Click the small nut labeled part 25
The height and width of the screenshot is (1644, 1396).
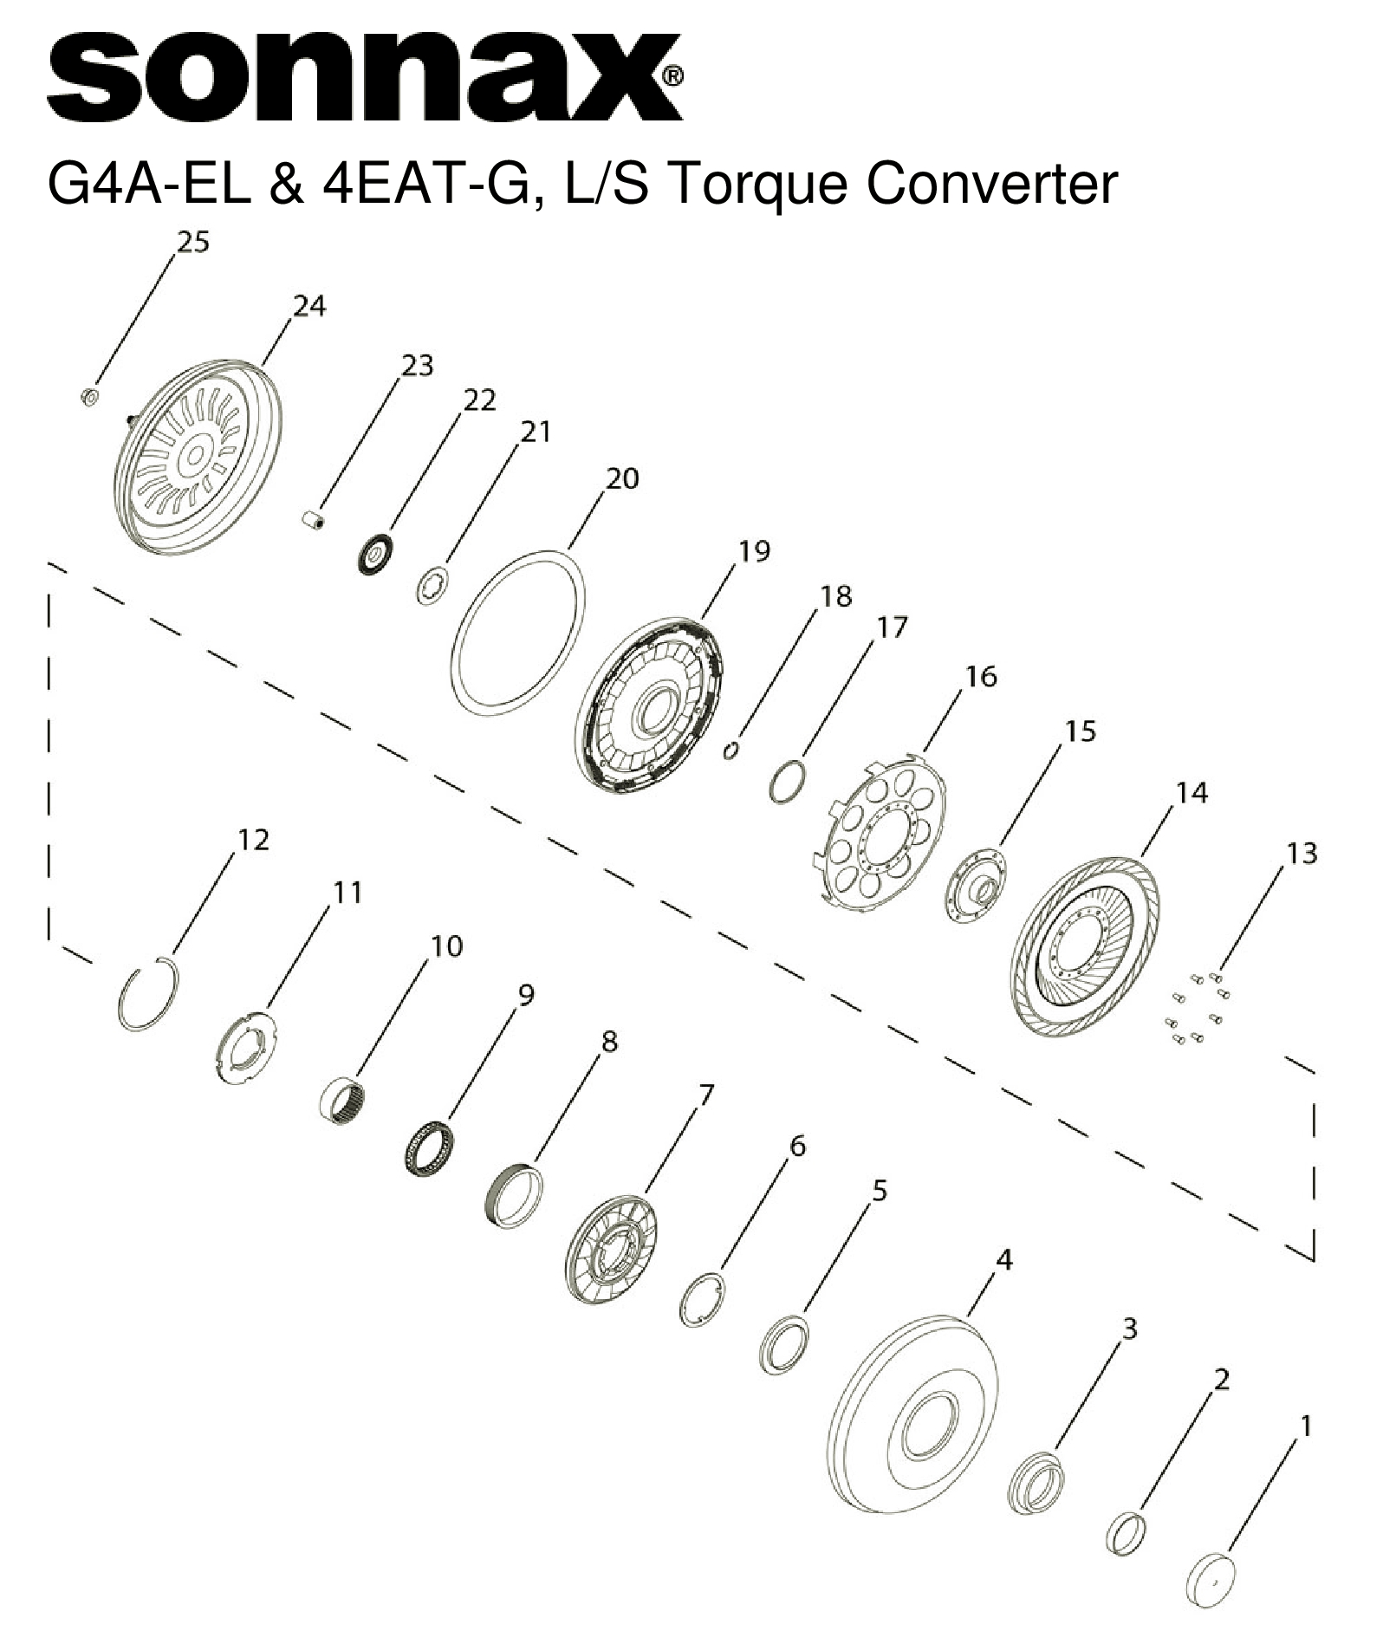[88, 397]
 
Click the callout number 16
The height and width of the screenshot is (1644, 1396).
[981, 676]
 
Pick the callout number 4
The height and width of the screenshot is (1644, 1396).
[1003, 1259]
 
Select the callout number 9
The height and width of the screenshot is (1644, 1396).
[525, 995]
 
